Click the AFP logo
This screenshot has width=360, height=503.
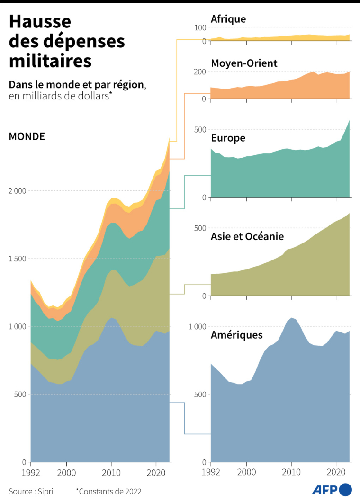(332, 489)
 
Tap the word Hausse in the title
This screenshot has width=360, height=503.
(40, 22)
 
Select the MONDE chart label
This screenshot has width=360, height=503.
(27, 136)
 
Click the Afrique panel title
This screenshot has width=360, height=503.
(228, 19)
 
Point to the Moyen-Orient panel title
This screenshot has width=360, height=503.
(243, 63)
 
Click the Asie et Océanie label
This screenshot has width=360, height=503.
(247, 236)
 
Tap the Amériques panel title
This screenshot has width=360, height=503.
(236, 335)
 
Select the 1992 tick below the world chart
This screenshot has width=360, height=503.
(31, 472)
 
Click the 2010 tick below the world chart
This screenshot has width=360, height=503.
(111, 472)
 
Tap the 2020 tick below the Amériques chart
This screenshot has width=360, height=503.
(336, 472)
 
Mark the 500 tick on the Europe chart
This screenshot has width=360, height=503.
(200, 130)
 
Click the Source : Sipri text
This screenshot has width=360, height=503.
(31, 492)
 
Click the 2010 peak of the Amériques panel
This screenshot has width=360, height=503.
(291, 318)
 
